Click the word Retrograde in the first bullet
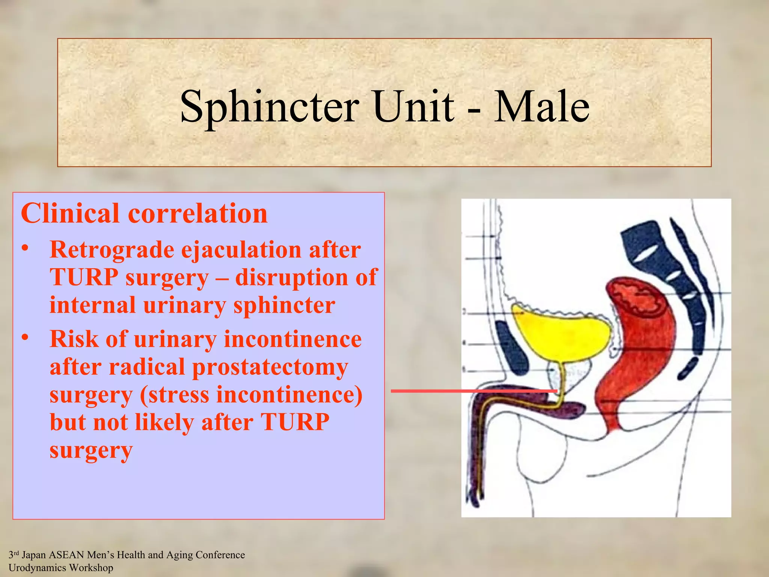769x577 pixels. coord(111,250)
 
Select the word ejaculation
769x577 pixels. coord(241,251)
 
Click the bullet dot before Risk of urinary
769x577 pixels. coord(25,338)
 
